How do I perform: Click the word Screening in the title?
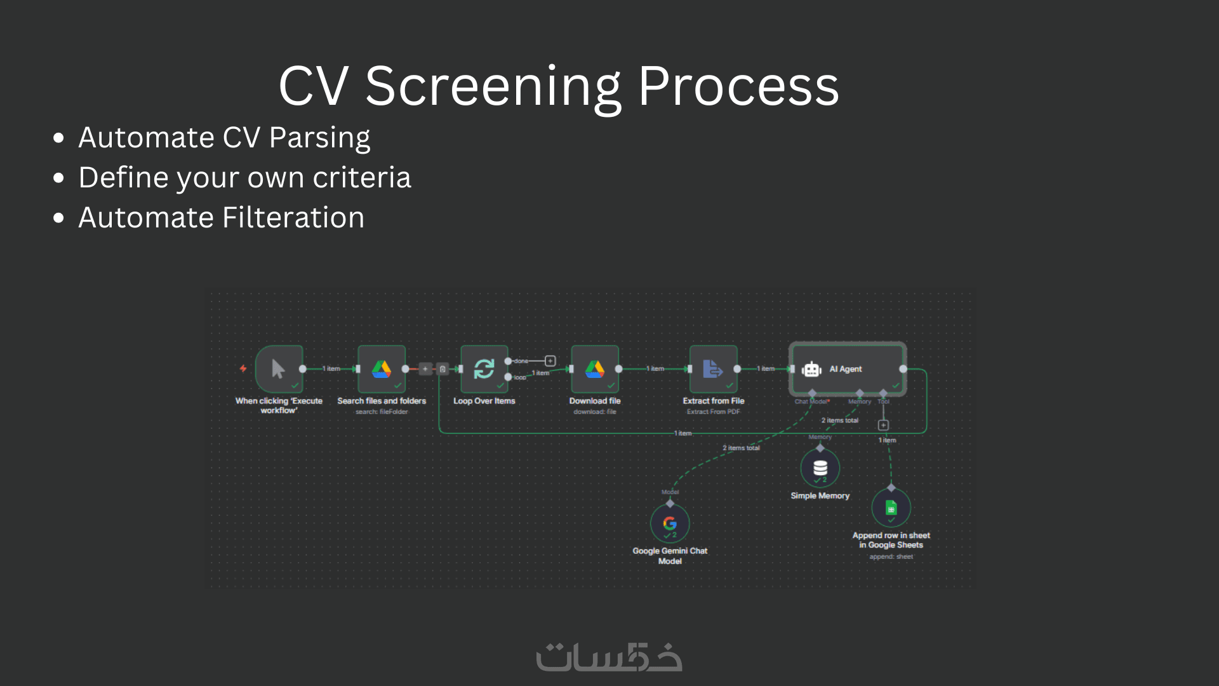[493, 86]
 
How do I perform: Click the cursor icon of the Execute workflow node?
[278, 368]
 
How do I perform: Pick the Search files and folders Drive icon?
[381, 369]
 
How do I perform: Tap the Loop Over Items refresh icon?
[484, 369]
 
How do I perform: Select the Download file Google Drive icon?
[595, 369]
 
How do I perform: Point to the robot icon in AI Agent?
[811, 369]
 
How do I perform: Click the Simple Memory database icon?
[820, 468]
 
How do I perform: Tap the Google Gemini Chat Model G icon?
[670, 523]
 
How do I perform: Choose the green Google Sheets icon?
[891, 508]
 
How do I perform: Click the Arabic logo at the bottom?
[609, 657]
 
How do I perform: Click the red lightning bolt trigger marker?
[243, 368]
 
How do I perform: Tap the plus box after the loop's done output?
[550, 361]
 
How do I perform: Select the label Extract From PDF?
[714, 412]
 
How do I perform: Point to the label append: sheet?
[891, 556]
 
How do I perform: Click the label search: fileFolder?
[382, 412]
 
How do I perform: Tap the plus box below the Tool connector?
[883, 425]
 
